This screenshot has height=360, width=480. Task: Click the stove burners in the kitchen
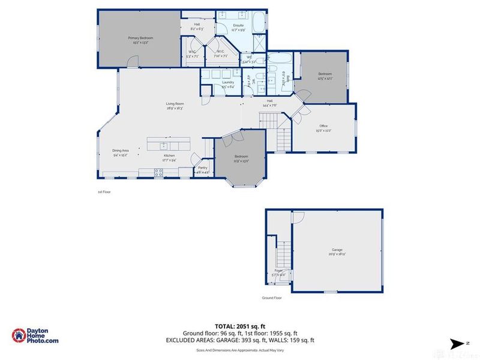[160, 173]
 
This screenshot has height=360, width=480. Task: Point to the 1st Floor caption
[104, 192]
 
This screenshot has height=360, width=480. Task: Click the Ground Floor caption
[271, 298]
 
